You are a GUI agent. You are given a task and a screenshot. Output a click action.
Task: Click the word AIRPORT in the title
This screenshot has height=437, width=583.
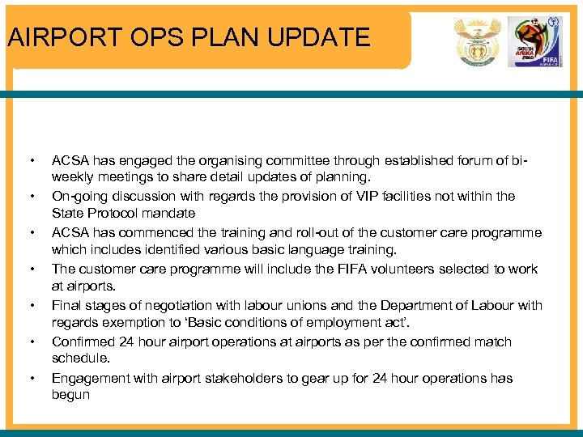tap(57, 37)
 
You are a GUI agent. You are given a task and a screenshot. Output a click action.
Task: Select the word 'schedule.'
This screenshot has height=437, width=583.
tap(81, 358)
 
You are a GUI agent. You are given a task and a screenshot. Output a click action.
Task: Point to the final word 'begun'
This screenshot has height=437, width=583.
tap(70, 396)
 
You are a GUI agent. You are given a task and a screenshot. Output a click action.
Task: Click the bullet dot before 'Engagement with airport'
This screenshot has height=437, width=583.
tap(31, 378)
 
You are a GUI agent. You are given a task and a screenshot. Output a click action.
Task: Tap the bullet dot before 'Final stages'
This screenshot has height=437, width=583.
tap(31, 305)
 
